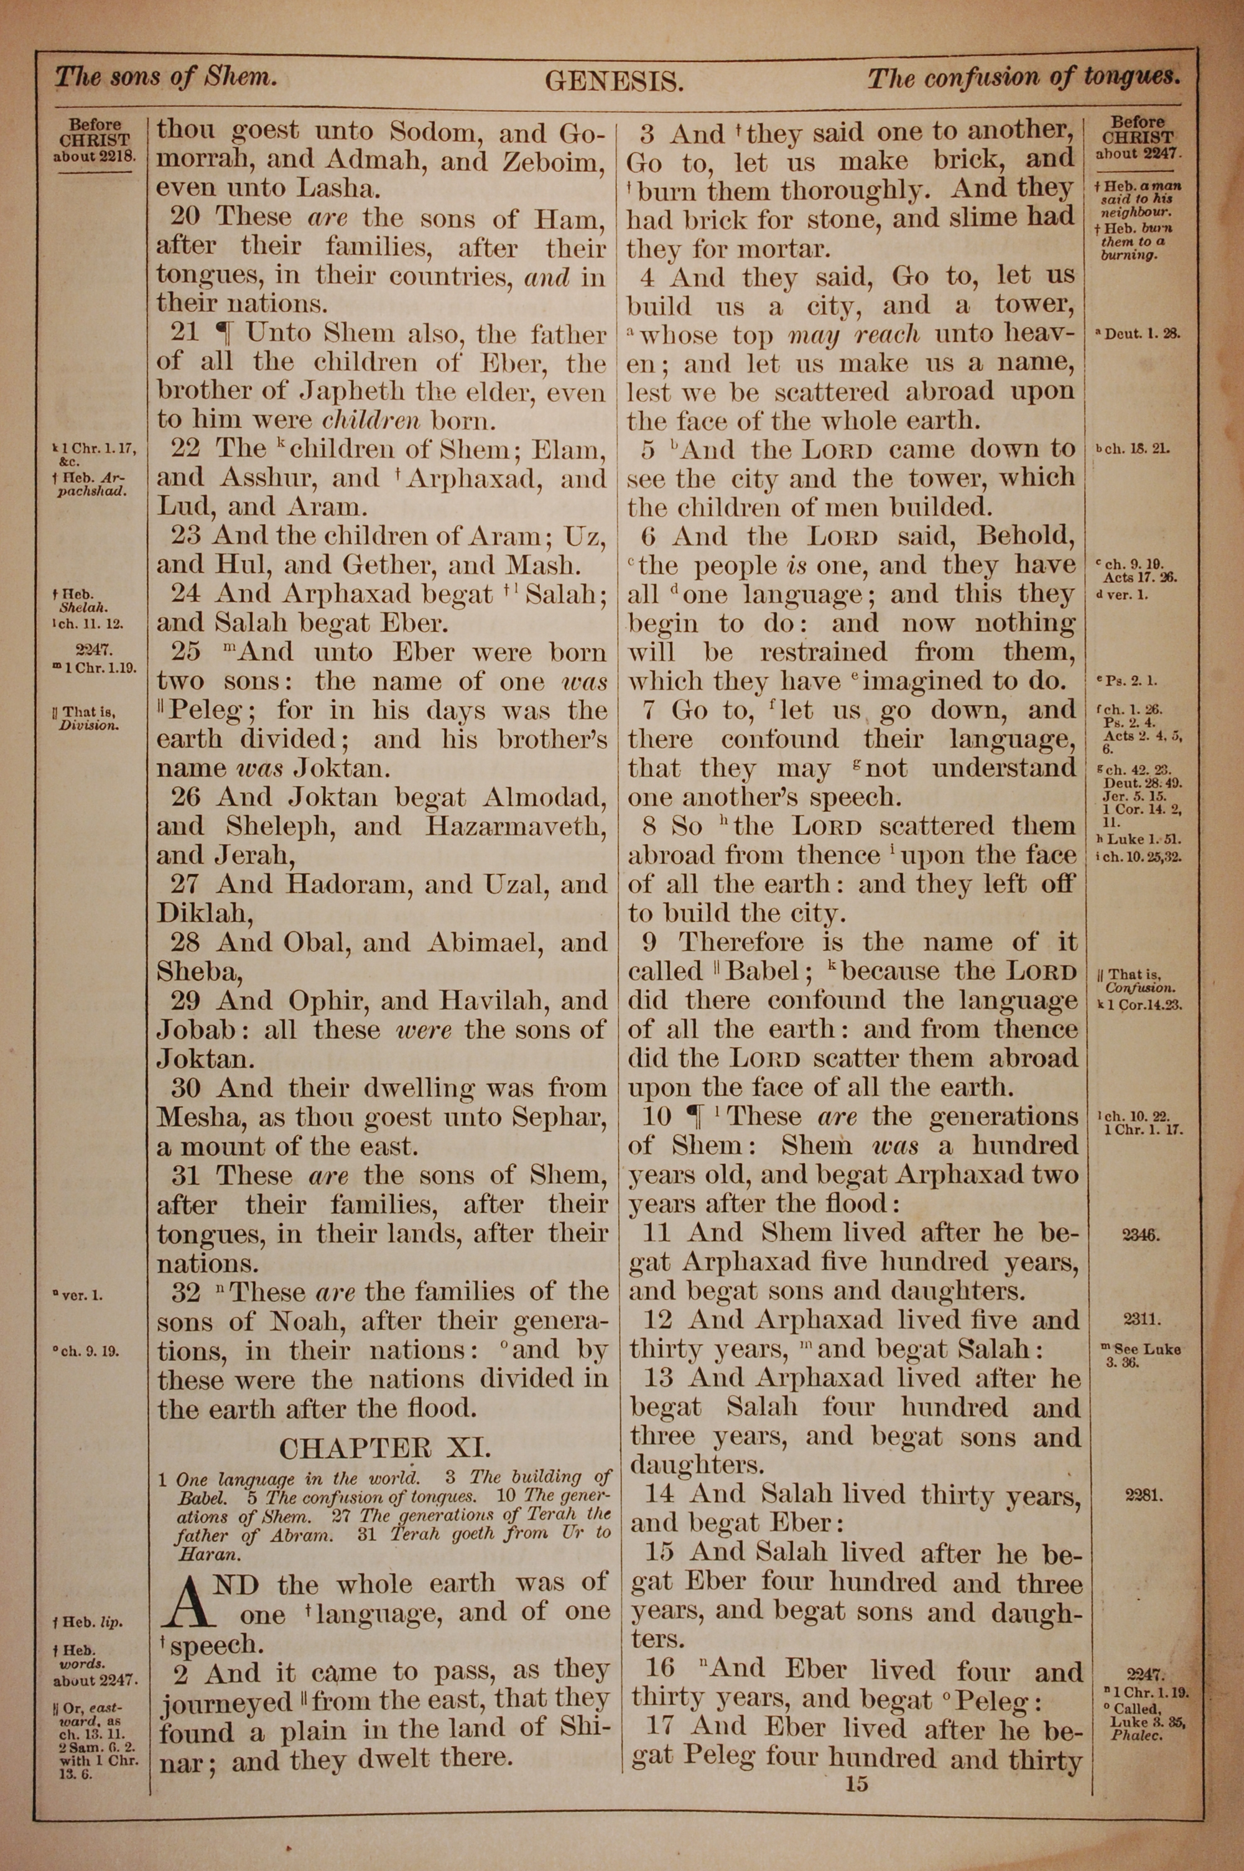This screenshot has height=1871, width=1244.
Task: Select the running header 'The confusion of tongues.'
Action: [x=1023, y=78]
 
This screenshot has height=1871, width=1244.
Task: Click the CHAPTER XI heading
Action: [x=385, y=1448]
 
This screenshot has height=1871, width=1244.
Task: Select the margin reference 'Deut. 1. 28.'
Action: [x=1141, y=334]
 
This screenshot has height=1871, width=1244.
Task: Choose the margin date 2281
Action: [x=1143, y=1497]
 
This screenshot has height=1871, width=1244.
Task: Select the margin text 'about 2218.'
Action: [x=95, y=156]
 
